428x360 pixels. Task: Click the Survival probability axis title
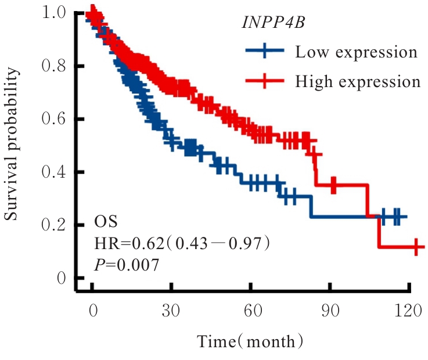click(x=14, y=145)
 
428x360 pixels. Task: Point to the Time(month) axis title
click(x=250, y=341)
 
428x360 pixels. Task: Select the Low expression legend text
click(x=356, y=52)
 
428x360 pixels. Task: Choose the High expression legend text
click(x=357, y=81)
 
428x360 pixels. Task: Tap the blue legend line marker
click(x=264, y=52)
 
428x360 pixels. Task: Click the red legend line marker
click(x=264, y=81)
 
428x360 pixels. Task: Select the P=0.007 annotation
click(x=126, y=265)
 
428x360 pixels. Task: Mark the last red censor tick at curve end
click(x=416, y=247)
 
